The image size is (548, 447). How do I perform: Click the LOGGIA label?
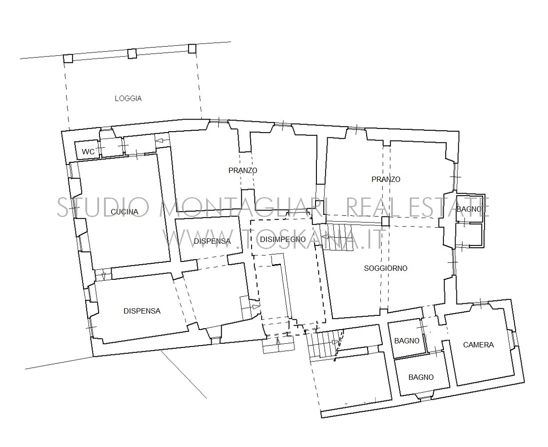[x=128, y=98]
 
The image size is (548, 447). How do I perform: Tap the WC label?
[x=88, y=152]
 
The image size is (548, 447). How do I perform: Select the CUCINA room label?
[x=124, y=212]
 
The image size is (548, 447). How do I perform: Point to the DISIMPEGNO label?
[x=283, y=239]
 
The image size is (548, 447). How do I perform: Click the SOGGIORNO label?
[x=386, y=268]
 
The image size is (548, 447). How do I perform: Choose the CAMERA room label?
[x=478, y=345]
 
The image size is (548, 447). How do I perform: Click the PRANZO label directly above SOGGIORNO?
[x=386, y=179]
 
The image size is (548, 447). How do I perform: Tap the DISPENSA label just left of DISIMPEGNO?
[x=212, y=241]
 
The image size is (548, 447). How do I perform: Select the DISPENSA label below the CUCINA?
[x=142, y=311]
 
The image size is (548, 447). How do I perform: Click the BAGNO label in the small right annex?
[x=469, y=209]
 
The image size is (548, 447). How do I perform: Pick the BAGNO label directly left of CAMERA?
[x=407, y=341]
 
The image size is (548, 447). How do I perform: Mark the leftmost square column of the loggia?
[x=68, y=58]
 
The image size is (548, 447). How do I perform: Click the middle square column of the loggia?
[x=132, y=53]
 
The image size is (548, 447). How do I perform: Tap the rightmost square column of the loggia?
[x=192, y=48]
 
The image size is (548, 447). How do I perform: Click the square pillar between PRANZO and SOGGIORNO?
[x=385, y=221]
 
